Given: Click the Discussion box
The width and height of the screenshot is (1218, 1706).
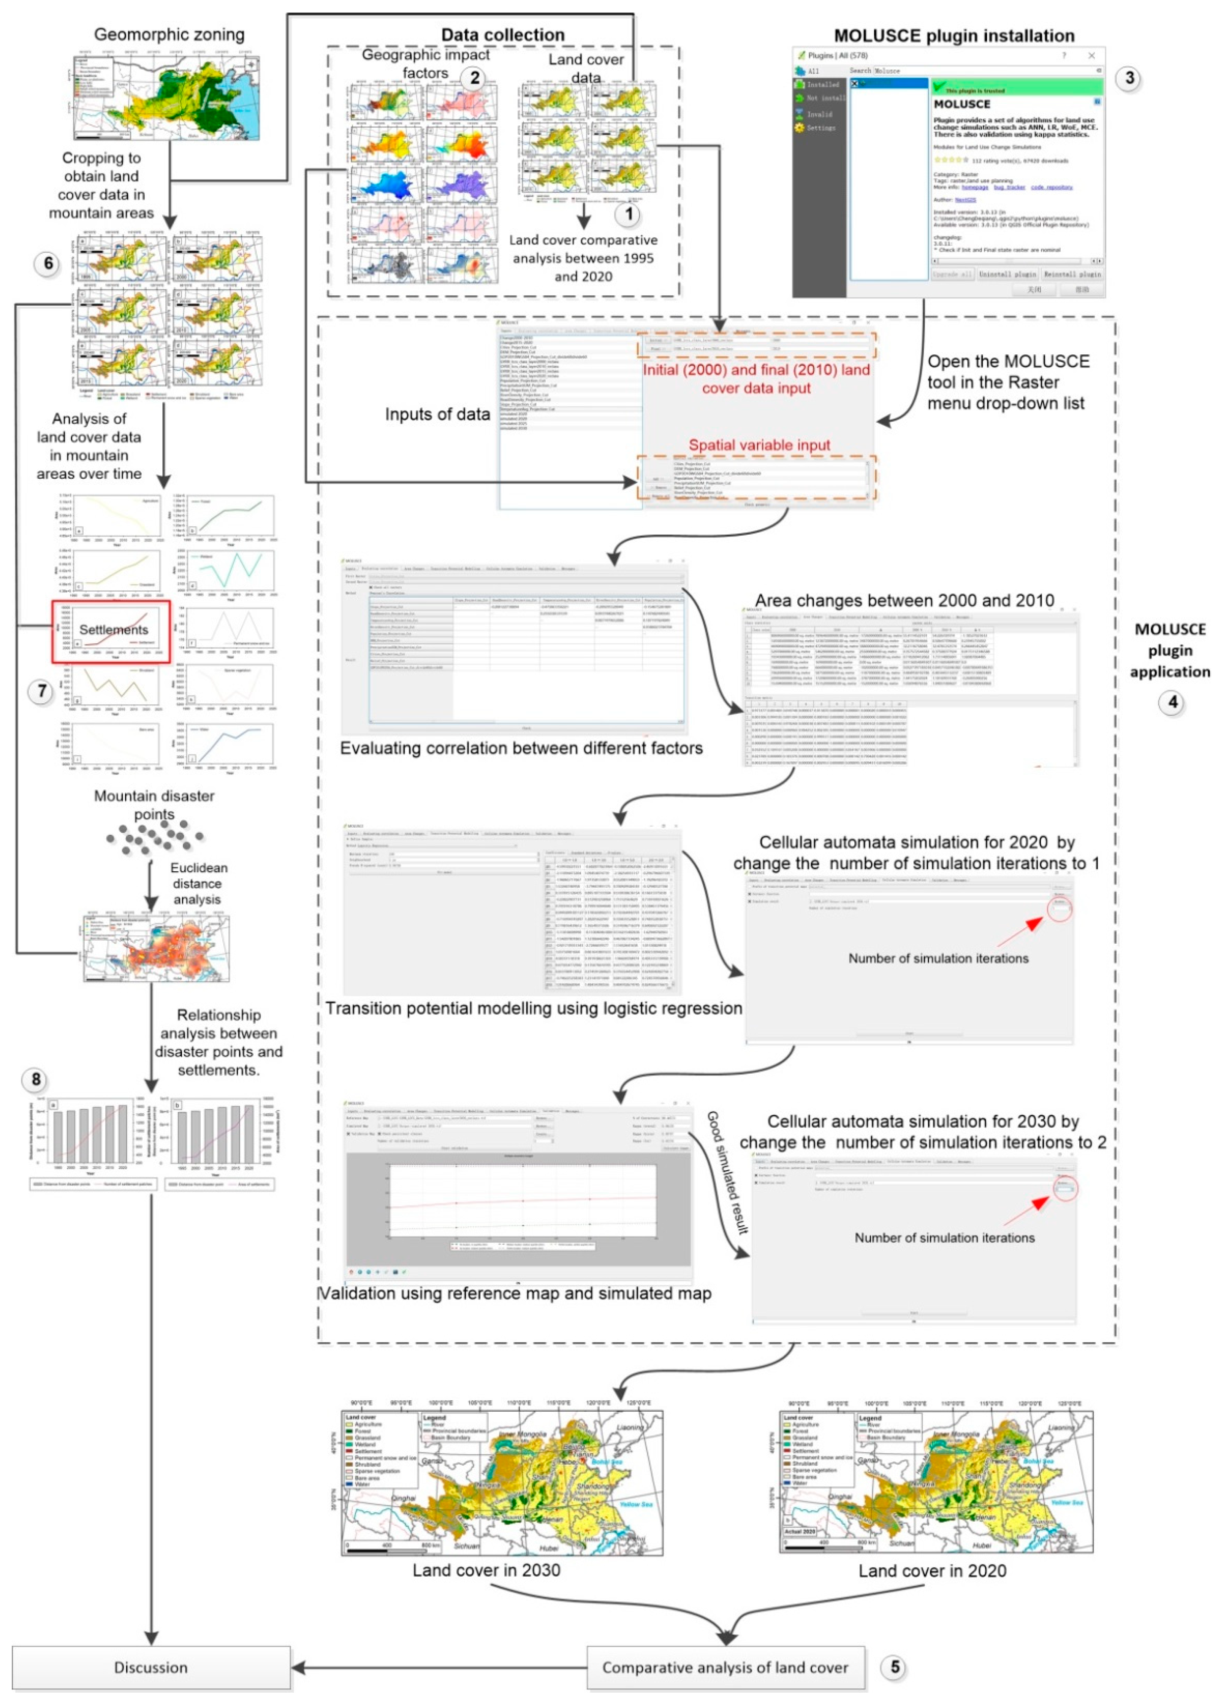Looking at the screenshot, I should [151, 1667].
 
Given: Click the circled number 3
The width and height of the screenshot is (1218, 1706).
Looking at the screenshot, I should [1129, 78].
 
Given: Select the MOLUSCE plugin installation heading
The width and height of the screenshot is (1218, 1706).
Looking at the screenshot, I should [954, 35].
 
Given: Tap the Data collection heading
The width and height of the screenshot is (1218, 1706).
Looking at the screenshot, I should [502, 35].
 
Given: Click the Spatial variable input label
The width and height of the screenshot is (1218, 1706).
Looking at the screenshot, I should [759, 445].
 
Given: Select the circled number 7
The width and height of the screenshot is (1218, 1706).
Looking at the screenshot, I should [42, 691].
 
